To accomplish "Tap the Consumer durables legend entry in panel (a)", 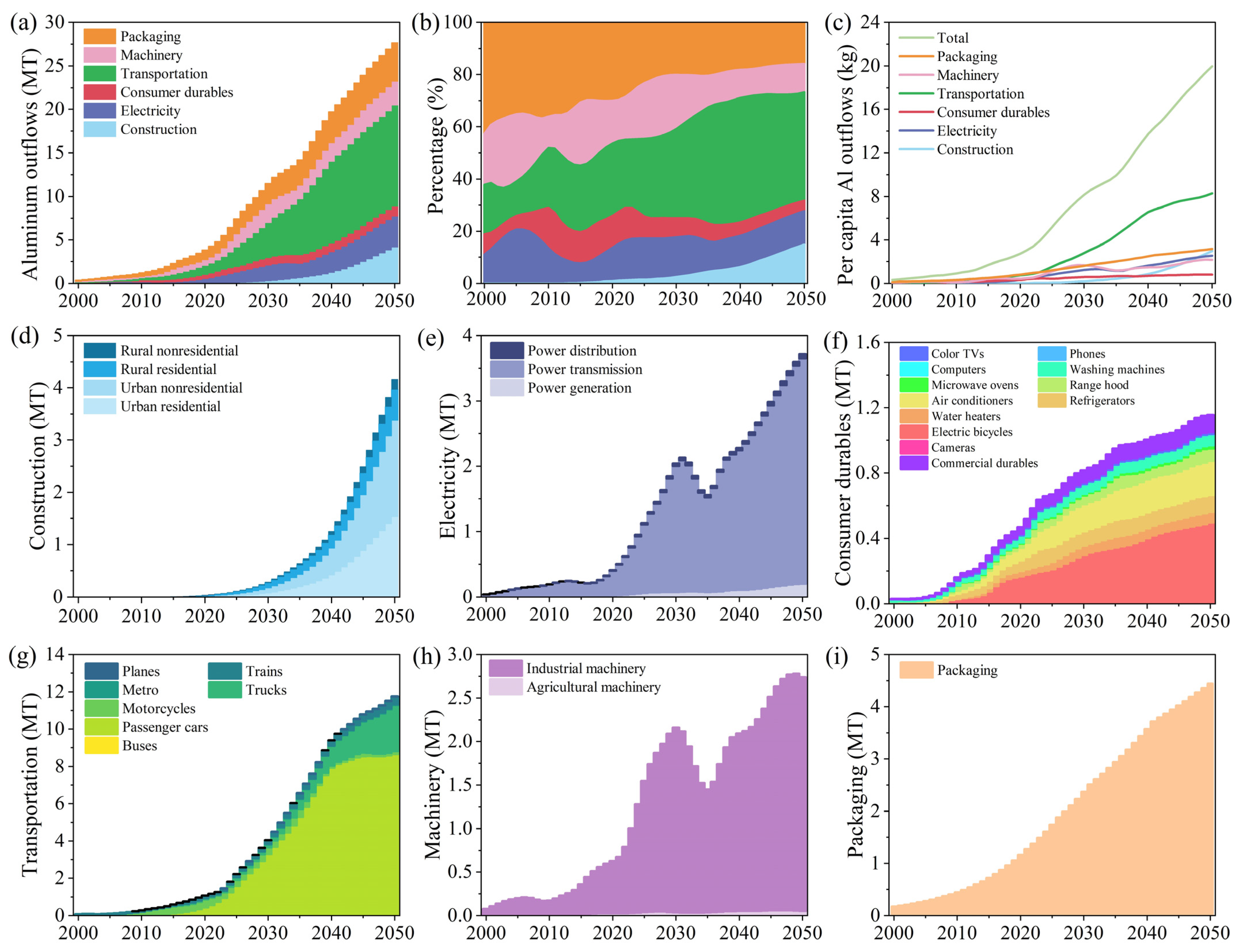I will coord(176,92).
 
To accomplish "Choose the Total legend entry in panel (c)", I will coord(953,38).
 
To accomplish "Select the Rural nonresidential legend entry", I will coord(179,351).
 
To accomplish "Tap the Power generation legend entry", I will coord(579,388).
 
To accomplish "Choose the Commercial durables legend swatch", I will coord(913,463).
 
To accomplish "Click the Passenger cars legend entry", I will coord(165,727).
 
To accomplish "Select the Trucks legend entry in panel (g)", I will coord(266,690).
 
